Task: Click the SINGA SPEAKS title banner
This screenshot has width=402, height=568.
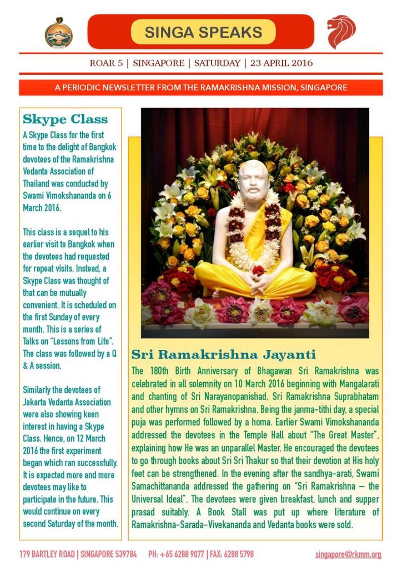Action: (203, 32)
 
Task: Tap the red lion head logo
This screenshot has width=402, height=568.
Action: (340, 32)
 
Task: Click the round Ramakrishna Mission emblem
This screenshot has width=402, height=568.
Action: (58, 32)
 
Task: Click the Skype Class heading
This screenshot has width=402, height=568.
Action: (65, 119)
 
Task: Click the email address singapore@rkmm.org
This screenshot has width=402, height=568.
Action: (348, 554)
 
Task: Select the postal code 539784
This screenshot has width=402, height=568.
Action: (123, 554)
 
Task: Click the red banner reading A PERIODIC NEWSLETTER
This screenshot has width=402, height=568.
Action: (200, 88)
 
